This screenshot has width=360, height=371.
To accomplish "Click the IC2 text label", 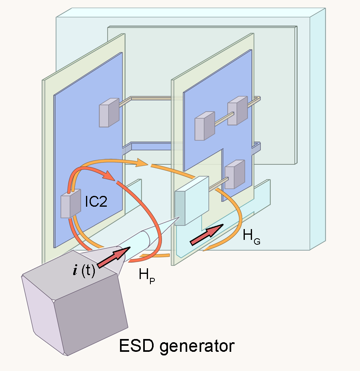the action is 96,201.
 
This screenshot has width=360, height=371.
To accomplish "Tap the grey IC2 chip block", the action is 71,203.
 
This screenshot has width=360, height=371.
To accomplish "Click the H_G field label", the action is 251,237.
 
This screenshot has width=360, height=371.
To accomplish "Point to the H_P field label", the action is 147,275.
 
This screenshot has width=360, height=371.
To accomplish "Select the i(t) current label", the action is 84,270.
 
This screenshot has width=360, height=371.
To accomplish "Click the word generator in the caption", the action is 197,347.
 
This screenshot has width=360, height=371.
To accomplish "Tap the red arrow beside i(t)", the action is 114,257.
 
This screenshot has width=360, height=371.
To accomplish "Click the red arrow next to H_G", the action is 207,235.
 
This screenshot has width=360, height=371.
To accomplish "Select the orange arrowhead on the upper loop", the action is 142,163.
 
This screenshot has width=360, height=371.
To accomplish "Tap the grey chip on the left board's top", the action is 109,113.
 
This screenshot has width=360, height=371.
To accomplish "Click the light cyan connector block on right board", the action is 192,201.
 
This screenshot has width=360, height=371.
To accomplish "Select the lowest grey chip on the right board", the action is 235,174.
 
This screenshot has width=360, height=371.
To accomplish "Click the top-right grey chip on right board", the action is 238,110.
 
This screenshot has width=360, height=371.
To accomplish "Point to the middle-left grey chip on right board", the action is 205,126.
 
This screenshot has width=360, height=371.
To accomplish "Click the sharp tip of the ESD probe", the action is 178,217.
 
